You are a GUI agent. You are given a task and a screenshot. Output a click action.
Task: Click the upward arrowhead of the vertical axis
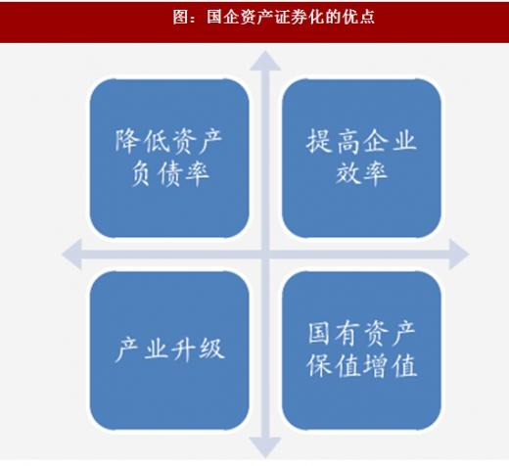tap(265, 62)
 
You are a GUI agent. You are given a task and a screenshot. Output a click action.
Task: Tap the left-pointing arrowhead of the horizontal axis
tap(72, 255)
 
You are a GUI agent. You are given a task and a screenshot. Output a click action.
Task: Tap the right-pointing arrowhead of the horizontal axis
tap(459, 255)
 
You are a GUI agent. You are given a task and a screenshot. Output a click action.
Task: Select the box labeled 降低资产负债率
tap(169, 159)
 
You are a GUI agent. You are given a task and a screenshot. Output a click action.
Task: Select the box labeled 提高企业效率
tap(361, 159)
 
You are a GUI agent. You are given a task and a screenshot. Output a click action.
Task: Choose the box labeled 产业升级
tap(169, 350)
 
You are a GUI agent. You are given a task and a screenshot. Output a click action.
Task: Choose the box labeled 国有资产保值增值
tap(361, 350)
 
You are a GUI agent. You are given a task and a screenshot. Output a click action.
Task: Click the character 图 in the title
tap(181, 17)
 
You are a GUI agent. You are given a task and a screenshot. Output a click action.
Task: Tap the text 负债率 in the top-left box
tap(169, 173)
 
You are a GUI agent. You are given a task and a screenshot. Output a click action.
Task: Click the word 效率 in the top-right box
tap(361, 173)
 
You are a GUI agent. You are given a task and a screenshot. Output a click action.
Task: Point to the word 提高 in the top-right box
tap(333, 142)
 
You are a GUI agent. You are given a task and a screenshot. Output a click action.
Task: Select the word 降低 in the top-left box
tap(141, 142)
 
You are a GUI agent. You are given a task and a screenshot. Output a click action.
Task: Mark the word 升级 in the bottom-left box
tap(198, 349)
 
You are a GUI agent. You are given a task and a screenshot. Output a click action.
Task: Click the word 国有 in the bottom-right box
tap(334, 334)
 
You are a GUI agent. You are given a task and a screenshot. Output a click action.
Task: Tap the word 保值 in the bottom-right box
tap(333, 365)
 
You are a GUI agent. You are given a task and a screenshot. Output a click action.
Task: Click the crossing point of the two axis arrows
tap(265, 255)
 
